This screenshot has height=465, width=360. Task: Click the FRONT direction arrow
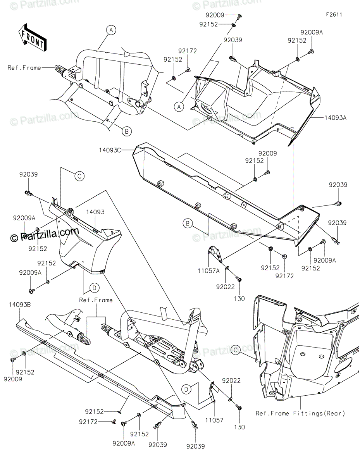32,38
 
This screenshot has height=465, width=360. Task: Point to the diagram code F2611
334,15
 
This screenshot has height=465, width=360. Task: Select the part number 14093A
336,117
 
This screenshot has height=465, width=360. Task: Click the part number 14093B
20,305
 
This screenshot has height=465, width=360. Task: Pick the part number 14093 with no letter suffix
95,212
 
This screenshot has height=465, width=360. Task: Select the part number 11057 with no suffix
214,420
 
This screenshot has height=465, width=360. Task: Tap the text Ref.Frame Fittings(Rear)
300,413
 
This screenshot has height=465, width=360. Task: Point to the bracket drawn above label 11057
212,391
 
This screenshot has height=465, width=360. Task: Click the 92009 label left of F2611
215,15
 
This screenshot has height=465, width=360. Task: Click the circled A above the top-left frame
111,30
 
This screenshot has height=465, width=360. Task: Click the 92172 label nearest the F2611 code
188,51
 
